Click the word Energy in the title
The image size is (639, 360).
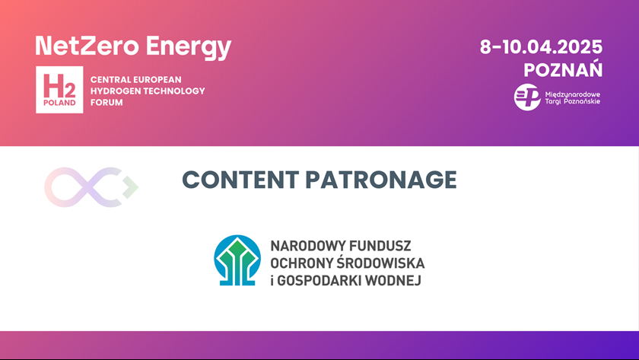point(189,48)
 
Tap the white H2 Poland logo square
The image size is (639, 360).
point(59,90)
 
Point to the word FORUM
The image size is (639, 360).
point(106,102)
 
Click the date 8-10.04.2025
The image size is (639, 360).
point(541,47)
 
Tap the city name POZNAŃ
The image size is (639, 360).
point(563,69)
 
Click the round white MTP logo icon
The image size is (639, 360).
point(527,97)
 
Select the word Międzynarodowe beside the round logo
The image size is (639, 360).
point(573,94)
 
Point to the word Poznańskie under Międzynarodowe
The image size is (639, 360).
point(582,101)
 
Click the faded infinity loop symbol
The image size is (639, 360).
point(91,187)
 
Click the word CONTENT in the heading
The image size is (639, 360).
point(240,180)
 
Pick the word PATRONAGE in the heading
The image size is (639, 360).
point(381,180)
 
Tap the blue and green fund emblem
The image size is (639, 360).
point(237,260)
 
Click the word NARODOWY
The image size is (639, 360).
point(307,246)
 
